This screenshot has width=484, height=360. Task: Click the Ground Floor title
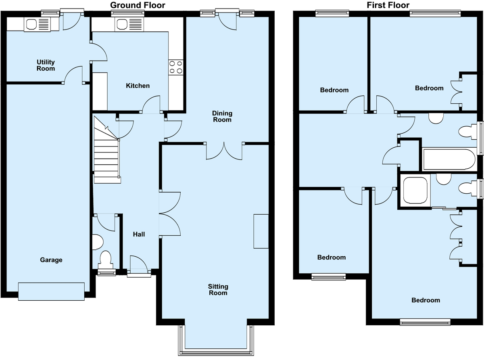coord(138,5)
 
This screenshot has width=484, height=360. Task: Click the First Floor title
coord(388,5)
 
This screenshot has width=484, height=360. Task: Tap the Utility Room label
coord(46,65)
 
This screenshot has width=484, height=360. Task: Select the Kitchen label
coord(138,86)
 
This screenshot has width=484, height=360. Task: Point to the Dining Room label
coord(222,116)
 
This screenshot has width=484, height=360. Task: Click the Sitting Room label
coord(218,290)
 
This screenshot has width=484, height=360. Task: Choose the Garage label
coord(51,260)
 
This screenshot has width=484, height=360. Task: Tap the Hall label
coord(139,234)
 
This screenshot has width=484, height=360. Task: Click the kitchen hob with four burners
coord(176,67)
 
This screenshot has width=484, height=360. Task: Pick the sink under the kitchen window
coord(129,25)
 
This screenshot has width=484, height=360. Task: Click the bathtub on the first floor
coord(449,159)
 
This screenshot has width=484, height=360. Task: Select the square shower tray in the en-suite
coord(415,190)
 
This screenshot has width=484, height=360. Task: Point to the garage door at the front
coord(51,291)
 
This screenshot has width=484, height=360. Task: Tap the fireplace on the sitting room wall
coord(261,231)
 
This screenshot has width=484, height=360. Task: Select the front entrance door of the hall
coord(139,266)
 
